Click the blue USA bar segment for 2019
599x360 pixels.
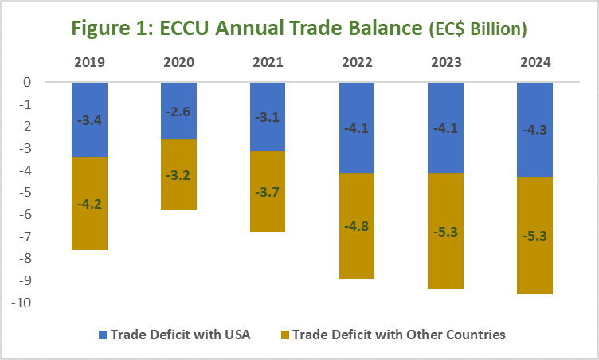click(88, 135)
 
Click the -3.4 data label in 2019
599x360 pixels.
click(88, 121)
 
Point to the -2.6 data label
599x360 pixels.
click(178, 112)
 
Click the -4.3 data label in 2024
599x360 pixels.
click(534, 131)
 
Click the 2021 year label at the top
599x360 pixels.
click(267, 61)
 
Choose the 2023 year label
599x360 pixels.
click(445, 61)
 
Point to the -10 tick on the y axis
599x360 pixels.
click(44, 303)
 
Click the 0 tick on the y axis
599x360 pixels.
click(49, 82)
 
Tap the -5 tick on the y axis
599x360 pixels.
click(47, 193)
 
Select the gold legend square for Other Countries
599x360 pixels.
click(283, 335)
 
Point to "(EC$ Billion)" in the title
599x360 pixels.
click(476, 29)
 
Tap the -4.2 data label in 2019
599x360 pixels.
click(88, 204)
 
